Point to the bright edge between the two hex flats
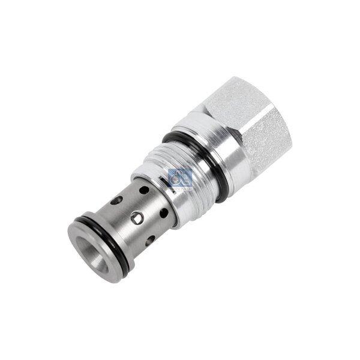point(252,114)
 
